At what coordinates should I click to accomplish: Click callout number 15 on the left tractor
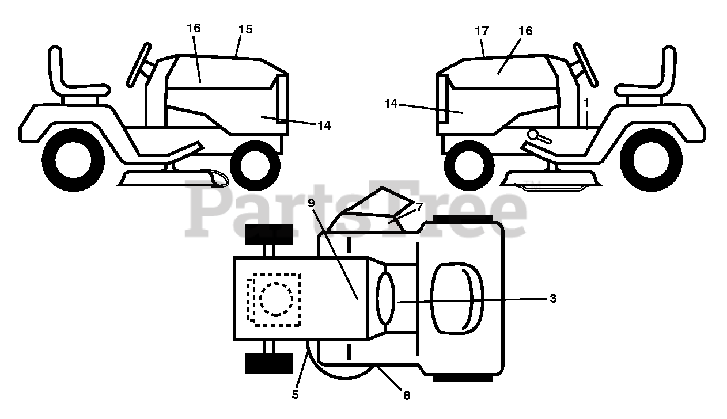(245, 29)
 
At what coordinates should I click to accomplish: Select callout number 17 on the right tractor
(482, 31)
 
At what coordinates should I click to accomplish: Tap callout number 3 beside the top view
(552, 298)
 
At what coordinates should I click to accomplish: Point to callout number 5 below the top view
(295, 395)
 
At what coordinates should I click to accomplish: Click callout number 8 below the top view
(407, 396)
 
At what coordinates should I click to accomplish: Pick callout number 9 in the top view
(311, 203)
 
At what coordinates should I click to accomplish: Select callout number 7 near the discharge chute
(419, 207)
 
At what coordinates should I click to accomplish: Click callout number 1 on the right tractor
(585, 102)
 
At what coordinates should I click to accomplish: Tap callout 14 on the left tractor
(324, 126)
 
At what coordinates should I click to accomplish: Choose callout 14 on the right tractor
(391, 103)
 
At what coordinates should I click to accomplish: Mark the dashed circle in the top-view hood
(277, 299)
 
